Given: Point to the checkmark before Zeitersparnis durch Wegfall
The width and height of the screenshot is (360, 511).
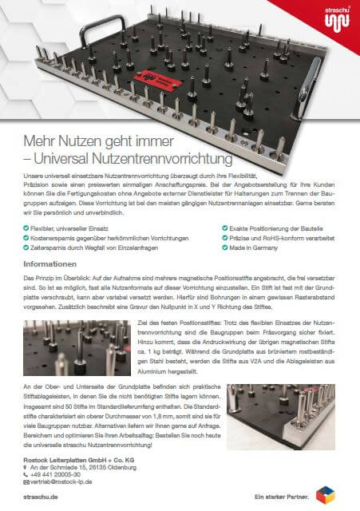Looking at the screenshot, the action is point(26,248).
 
